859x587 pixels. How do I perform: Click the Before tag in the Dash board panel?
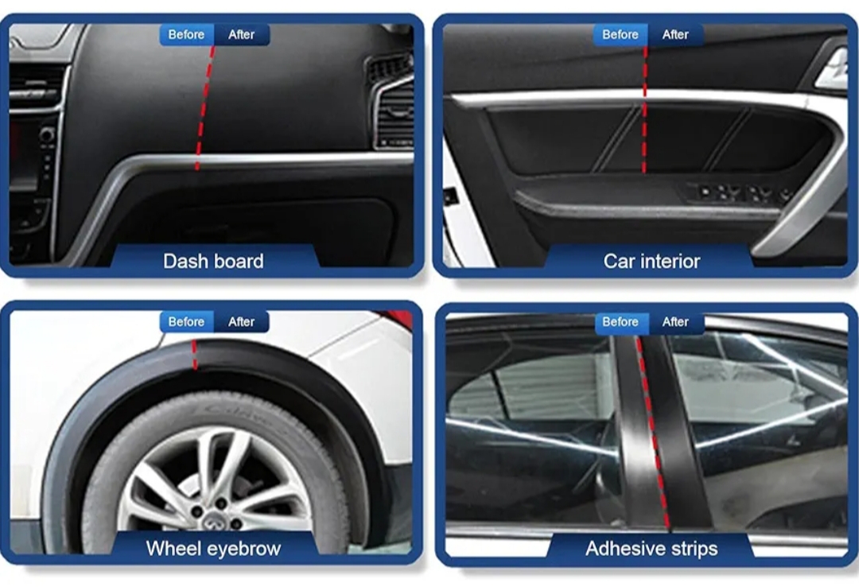pos(186,34)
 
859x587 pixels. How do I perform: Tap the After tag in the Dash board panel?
pos(242,34)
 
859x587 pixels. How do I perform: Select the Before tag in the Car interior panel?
pos(620,34)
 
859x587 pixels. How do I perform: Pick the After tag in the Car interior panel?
pos(675,34)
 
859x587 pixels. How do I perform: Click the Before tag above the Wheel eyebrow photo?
pos(186,321)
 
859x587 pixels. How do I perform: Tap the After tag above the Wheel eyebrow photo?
pos(242,321)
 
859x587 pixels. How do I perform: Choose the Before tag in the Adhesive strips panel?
pos(620,321)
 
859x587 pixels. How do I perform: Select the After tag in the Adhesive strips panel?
pos(675,321)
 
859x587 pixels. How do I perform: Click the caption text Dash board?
pos(214,262)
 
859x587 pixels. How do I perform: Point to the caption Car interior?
pos(652,262)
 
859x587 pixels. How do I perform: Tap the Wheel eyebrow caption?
pos(214,549)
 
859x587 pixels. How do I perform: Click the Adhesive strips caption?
pos(652,549)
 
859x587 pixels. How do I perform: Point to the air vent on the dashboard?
pos(391,104)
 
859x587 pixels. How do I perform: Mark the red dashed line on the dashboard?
pos(205,108)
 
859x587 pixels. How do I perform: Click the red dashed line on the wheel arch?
pos(195,354)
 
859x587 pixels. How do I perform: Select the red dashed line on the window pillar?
pos(653,433)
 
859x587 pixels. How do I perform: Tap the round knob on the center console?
pos(47,134)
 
